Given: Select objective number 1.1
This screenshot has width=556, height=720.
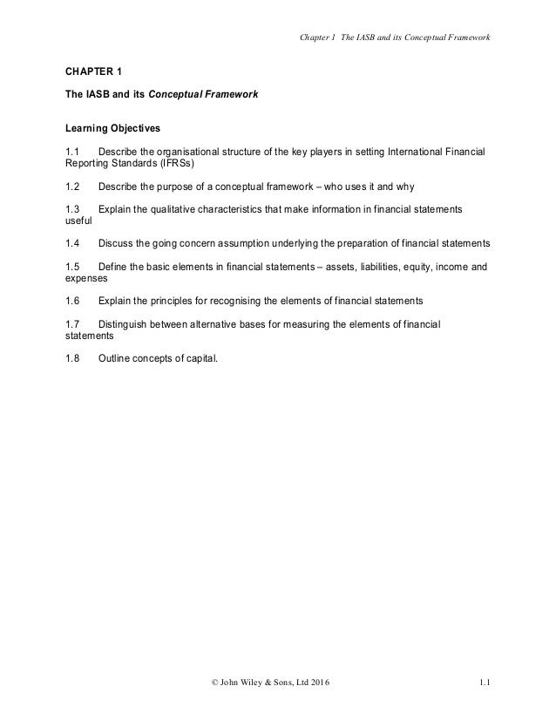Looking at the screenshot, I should click(x=73, y=153).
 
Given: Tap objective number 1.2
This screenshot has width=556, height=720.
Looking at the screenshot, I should click(x=73, y=186).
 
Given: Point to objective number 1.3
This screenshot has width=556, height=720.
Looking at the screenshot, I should click(x=73, y=210).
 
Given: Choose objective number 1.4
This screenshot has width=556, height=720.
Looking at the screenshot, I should click(x=73, y=242).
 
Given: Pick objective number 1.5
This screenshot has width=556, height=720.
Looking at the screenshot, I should click(x=73, y=267).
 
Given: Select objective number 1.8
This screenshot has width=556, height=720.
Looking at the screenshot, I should click(x=73, y=356).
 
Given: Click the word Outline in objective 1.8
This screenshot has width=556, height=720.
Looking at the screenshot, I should click(x=116, y=356).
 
